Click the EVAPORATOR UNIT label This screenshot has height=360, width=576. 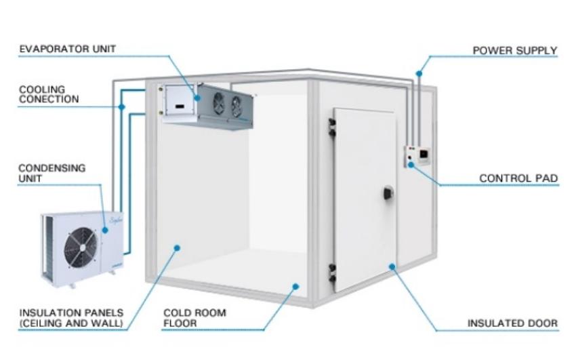(68, 49)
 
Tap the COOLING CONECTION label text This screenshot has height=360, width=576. (49, 94)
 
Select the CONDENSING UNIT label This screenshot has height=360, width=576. (52, 173)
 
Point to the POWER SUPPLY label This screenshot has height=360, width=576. (515, 51)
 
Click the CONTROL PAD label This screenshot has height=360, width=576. (518, 179)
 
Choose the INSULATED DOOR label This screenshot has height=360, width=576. (512, 323)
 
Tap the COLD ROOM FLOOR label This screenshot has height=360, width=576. (194, 318)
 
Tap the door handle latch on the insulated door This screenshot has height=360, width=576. (387, 194)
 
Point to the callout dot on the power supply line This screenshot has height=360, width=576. (419, 73)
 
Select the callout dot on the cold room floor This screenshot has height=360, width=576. (295, 286)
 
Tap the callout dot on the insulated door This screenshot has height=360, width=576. (392, 266)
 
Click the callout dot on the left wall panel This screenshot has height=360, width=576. (176, 248)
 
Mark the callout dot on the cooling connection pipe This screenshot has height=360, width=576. (122, 106)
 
